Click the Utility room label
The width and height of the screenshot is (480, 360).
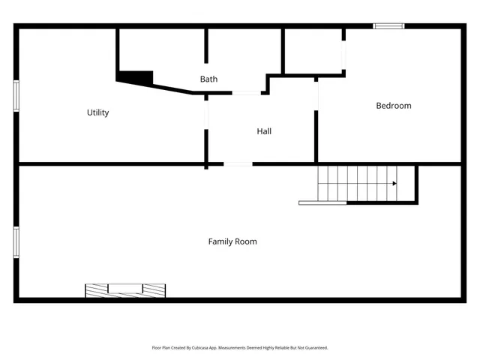coord(98,112)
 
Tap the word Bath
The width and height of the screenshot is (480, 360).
coord(208,79)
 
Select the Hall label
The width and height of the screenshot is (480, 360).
coord(264,131)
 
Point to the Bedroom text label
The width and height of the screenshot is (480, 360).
coord(394,106)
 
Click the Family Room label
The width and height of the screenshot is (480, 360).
coord(232,241)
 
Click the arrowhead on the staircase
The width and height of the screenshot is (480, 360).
coord(394,183)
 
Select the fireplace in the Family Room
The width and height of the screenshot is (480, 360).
coord(125,289)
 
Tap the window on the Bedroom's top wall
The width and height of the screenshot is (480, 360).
coord(388,26)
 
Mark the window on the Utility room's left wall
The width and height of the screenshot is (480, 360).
coord(16,96)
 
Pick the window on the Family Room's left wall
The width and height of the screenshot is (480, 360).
coord(16,242)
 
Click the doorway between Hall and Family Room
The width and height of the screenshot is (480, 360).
coord(238,163)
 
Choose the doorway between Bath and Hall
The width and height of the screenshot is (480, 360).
coord(246,93)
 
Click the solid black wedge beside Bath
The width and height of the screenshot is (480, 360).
coord(136,76)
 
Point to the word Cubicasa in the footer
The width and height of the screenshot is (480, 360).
coord(197,348)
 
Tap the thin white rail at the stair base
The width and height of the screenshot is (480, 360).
coord(322,202)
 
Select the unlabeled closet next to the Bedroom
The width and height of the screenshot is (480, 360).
coord(313,51)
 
